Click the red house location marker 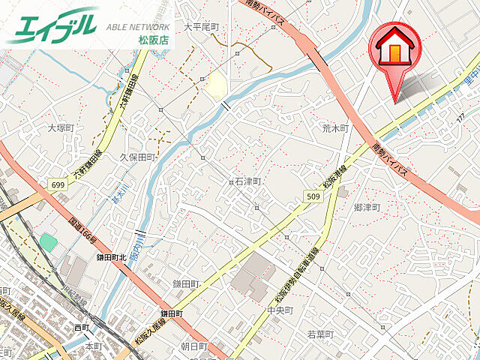pyautogui.click(x=395, y=49)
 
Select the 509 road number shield pyautogui.click(x=313, y=196)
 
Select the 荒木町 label pyautogui.click(x=335, y=128)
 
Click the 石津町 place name pyautogui.click(x=247, y=181)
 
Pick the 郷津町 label pyautogui.click(x=367, y=206)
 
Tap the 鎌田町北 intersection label pyautogui.click(x=111, y=256)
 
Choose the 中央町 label pyautogui.click(x=278, y=309)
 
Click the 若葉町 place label pyautogui.click(x=319, y=334)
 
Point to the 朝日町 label pyautogui.click(x=194, y=346)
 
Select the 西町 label pyautogui.click(x=82, y=328)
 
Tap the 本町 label pyautogui.click(x=93, y=346)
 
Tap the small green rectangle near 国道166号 pyautogui.click(x=49, y=241)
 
